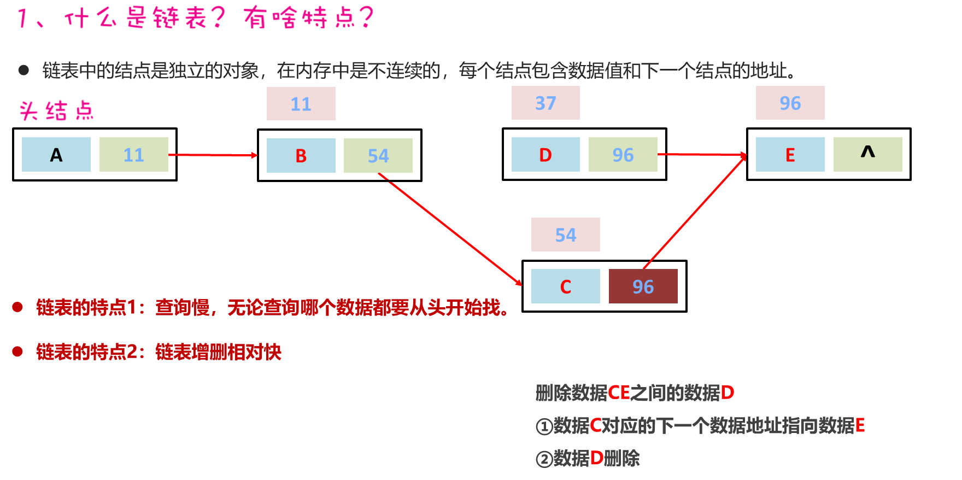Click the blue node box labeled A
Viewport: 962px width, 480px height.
56,155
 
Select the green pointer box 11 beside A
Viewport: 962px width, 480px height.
134,155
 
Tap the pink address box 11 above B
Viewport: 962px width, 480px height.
301,104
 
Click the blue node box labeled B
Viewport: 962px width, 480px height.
301,156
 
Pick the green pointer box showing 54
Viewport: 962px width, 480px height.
378,156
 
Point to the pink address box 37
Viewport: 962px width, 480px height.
545,103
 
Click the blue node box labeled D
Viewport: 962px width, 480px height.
545,155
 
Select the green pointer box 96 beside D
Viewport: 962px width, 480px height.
623,155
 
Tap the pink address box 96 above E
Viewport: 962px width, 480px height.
790,103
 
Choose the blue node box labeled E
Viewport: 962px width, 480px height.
790,155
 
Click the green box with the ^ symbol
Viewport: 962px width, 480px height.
868,155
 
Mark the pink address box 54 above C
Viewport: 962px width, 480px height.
566,235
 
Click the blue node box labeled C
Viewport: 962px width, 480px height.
566,286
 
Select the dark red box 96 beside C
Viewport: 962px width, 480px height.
643,286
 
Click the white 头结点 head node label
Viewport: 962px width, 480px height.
55,109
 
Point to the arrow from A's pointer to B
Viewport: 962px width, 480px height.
213,155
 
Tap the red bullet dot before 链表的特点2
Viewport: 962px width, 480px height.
17,352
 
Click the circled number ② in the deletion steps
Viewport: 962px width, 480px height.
544,459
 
